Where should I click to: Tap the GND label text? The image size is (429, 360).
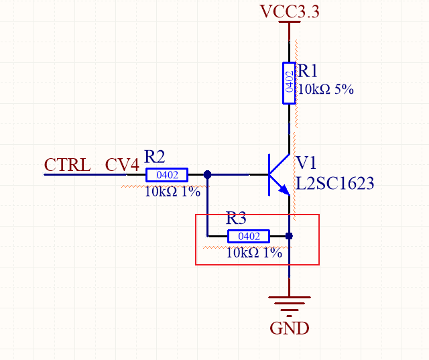(289, 328)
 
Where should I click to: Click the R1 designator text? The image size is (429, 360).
(308, 72)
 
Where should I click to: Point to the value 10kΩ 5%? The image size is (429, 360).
(326, 88)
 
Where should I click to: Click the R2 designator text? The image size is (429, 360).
(155, 157)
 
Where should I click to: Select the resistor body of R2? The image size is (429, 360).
(167, 175)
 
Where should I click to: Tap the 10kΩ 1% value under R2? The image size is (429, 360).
(172, 191)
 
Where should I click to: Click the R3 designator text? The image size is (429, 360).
(236, 219)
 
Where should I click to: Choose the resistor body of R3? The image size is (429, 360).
(249, 236)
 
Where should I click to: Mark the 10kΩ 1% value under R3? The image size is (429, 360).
(253, 253)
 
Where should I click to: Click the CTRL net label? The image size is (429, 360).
(67, 165)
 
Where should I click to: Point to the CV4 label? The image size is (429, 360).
(122, 165)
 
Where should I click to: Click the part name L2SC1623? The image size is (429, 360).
(334, 183)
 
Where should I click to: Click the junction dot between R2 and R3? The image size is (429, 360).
(208, 175)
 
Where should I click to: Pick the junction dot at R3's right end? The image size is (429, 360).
(289, 236)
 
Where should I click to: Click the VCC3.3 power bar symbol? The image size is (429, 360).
(289, 23)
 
